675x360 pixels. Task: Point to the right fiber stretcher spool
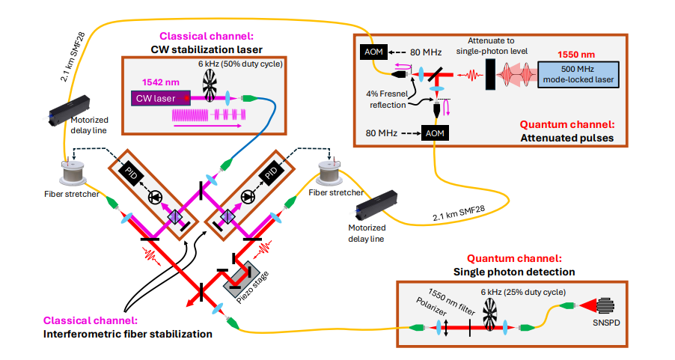coord(331,174)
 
